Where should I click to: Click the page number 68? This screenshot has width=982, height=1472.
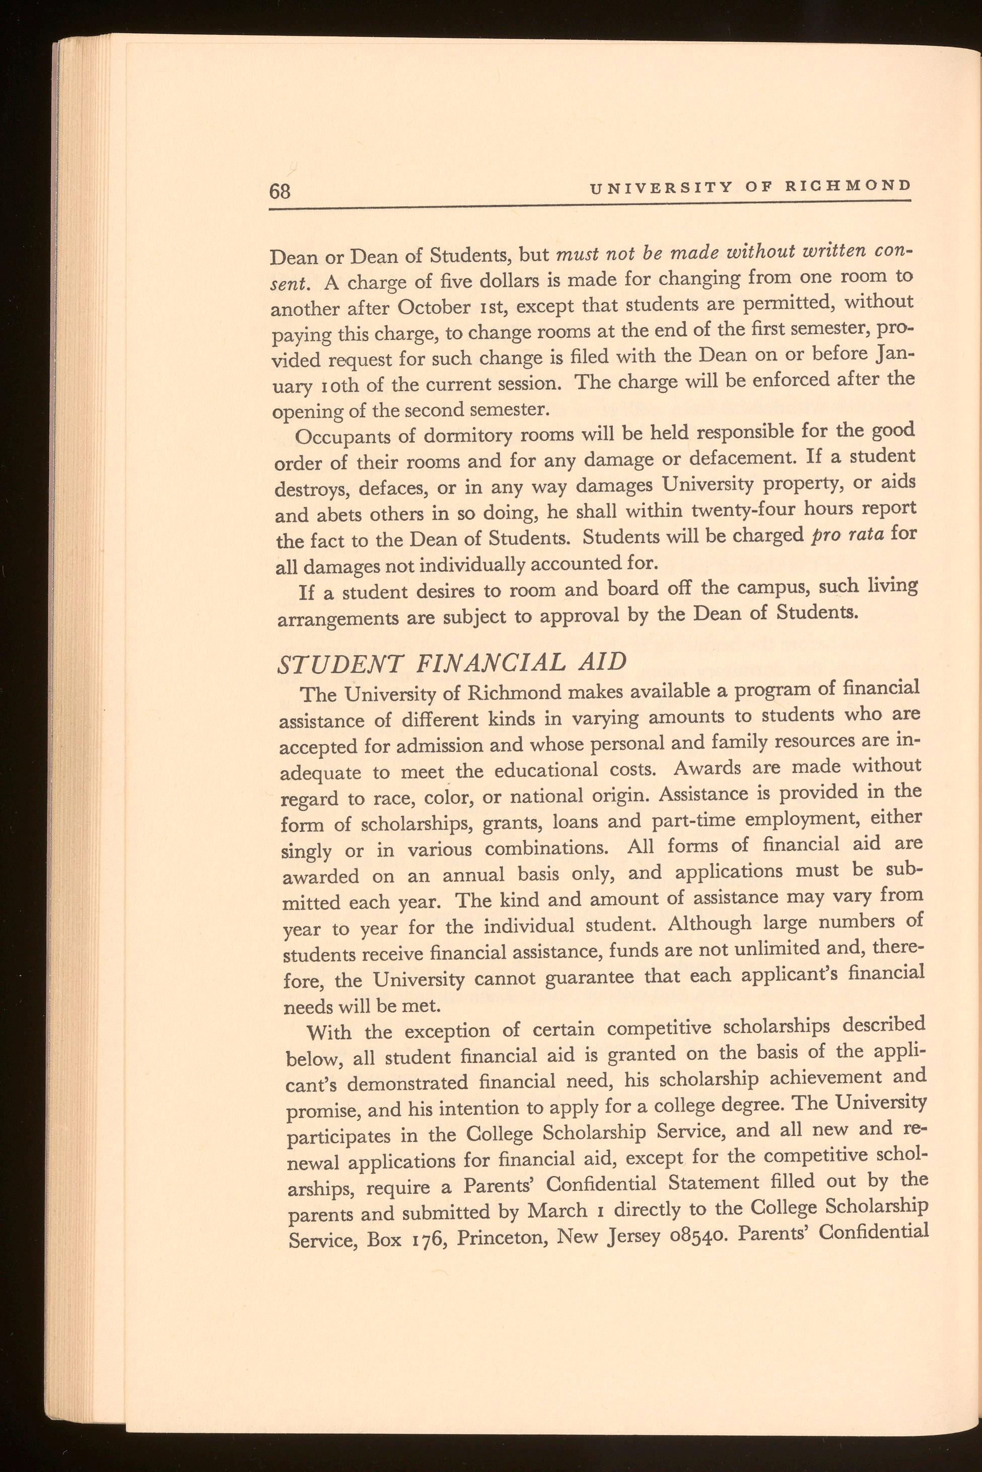280,190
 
